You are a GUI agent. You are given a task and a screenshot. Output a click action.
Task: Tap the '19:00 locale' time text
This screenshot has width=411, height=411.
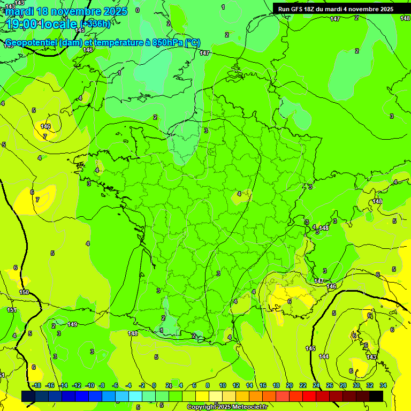[41, 24]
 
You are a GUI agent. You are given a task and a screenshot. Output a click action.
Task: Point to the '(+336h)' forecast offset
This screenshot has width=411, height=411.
[95, 24]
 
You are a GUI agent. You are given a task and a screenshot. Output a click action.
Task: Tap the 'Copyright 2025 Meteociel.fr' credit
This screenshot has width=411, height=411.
[227, 407]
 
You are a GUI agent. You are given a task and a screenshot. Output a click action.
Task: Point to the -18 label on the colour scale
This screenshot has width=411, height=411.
[36, 385]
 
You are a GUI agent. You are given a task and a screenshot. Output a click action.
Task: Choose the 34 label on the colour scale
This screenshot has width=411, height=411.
[383, 385]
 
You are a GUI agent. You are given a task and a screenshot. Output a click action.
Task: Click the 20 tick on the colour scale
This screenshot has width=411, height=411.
[290, 385]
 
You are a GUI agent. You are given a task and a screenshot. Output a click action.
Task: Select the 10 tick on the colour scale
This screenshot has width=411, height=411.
[222, 385]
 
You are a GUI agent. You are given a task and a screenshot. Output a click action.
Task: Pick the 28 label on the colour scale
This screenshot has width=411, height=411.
[343, 385]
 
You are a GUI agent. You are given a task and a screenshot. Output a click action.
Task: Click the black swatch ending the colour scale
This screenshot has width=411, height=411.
[376, 396]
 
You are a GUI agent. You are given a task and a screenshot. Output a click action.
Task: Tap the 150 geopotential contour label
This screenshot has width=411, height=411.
[24, 292]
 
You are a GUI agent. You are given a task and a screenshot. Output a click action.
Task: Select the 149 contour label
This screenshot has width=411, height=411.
[72, 324]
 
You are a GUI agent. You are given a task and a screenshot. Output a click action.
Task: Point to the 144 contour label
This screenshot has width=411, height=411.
[324, 356]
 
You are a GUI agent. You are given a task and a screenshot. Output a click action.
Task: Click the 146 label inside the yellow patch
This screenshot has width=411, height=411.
[45, 126]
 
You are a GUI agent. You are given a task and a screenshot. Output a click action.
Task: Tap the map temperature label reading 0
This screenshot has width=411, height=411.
[138, 10]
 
